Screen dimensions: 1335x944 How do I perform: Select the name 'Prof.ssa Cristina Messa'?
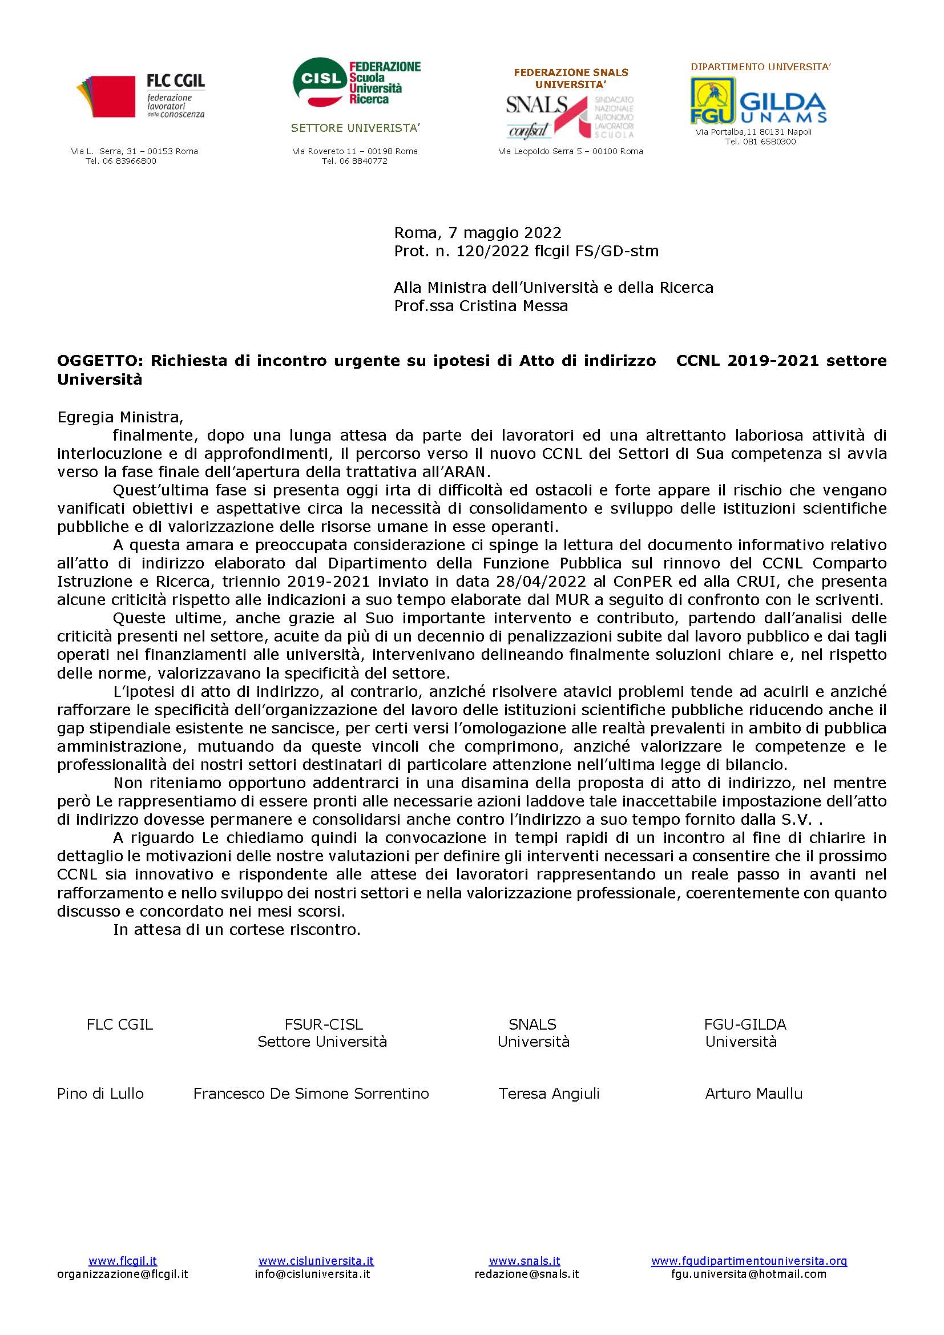click(x=481, y=306)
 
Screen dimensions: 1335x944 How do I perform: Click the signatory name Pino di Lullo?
click(x=100, y=1094)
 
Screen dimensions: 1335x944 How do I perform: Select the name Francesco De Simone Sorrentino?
click(x=311, y=1094)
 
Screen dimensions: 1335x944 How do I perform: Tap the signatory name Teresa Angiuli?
click(x=548, y=1094)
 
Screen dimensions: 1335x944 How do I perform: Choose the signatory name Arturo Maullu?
click(x=753, y=1094)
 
